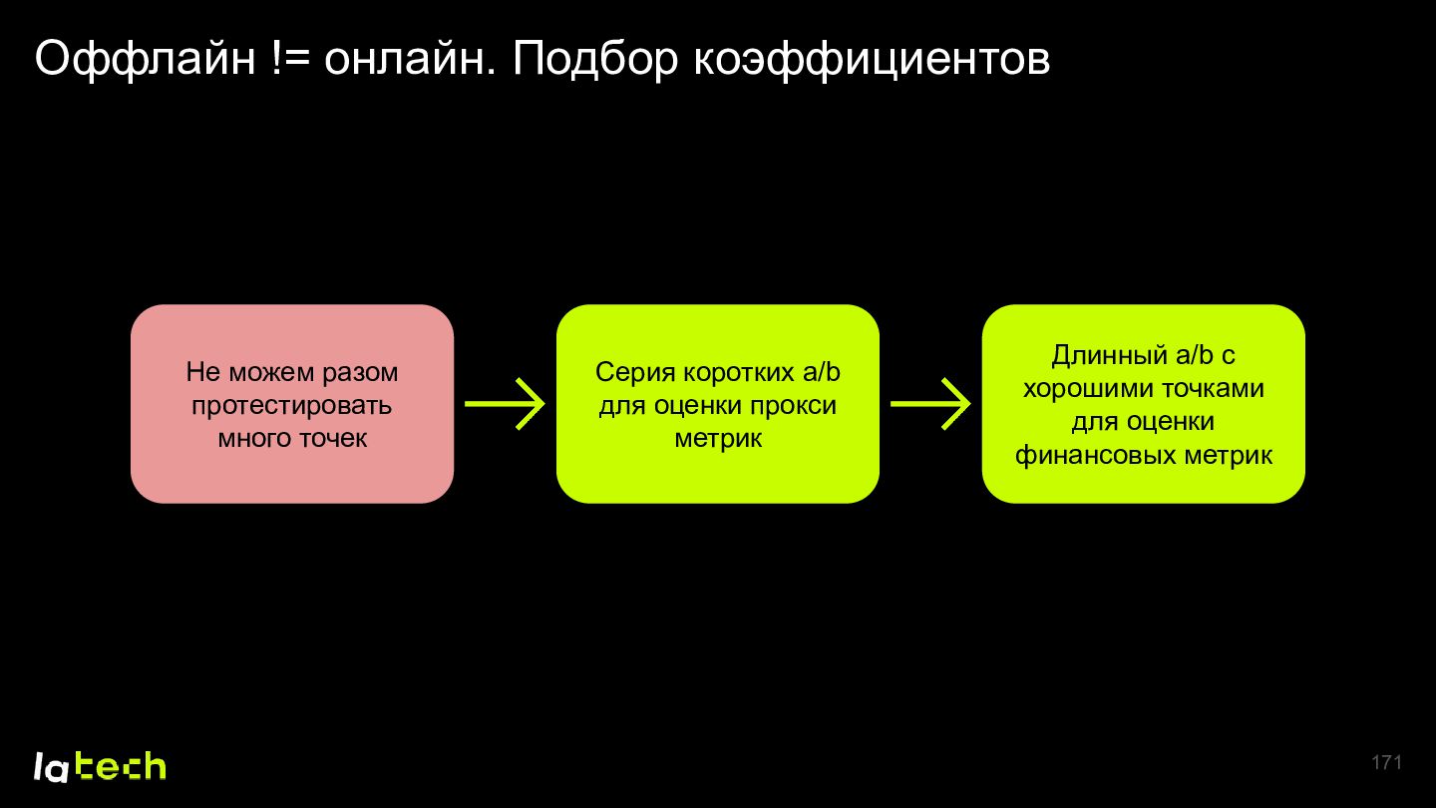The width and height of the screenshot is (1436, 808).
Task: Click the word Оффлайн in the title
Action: pos(146,59)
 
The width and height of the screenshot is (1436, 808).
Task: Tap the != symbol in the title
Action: pos(290,58)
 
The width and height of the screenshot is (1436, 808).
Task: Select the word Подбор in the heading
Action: pos(594,59)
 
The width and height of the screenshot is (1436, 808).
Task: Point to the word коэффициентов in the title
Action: pos(872,60)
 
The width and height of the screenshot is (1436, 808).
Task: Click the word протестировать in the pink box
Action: pos(291,406)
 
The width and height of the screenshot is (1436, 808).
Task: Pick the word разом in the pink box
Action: pos(360,373)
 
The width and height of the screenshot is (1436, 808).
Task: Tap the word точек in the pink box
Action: pos(333,439)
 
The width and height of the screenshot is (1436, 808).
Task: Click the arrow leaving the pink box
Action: pos(505,404)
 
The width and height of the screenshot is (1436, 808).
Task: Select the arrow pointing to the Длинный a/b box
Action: pos(930,404)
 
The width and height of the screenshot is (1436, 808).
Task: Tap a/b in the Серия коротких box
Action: pos(822,372)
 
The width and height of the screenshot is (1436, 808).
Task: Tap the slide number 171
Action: pos(1386,762)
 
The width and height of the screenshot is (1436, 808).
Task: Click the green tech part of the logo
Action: pos(121,766)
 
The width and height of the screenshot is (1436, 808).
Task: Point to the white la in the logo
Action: pos(51,767)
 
